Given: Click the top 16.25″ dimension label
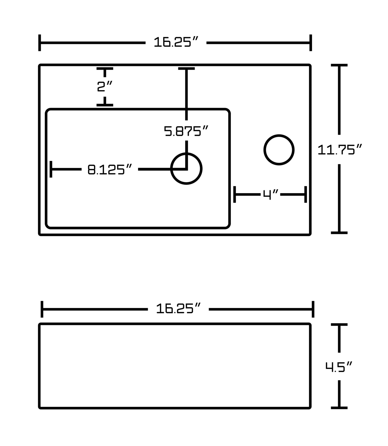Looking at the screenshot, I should pyautogui.click(x=176, y=42).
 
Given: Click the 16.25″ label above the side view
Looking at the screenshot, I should pyautogui.click(x=178, y=309).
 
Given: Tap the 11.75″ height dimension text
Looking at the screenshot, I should pyautogui.click(x=340, y=149).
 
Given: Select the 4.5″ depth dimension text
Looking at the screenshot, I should pyautogui.click(x=339, y=367).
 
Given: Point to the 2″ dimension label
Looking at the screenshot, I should pyautogui.click(x=104, y=86).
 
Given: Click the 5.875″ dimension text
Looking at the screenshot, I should pyautogui.click(x=186, y=131).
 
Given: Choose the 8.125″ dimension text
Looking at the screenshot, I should pyautogui.click(x=110, y=169).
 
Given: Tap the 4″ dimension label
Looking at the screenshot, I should pyautogui.click(x=271, y=194).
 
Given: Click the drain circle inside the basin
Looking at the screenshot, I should pyautogui.click(x=186, y=169).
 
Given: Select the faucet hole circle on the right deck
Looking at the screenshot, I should pyautogui.click(x=279, y=150).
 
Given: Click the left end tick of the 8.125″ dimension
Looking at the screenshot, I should pyautogui.click(x=51, y=169).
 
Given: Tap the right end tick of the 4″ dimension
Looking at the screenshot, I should pyautogui.click(x=306, y=194).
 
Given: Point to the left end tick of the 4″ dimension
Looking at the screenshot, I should pyautogui.click(x=235, y=194).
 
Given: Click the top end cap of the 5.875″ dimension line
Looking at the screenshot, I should pyautogui.click(x=186, y=69).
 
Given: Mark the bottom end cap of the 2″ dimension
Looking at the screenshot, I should pyautogui.click(x=105, y=105).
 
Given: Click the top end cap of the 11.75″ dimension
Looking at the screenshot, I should pyautogui.click(x=339, y=65).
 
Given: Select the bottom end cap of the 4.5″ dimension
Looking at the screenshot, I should pyautogui.click(x=339, y=408).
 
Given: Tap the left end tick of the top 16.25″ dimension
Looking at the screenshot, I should pyautogui.click(x=40, y=43).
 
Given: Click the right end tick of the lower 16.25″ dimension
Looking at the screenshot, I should pyautogui.click(x=313, y=309).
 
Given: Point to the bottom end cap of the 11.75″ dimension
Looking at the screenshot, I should pyautogui.click(x=339, y=233).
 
